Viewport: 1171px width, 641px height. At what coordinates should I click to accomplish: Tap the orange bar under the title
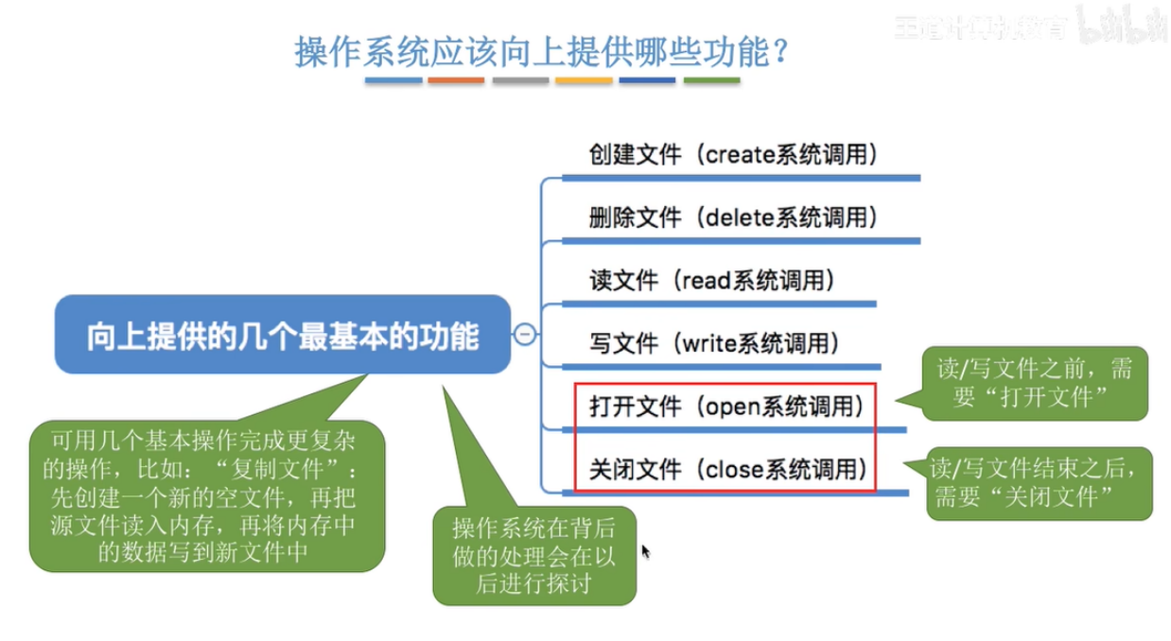coord(456,81)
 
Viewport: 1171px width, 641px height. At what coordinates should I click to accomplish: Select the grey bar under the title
coord(520,81)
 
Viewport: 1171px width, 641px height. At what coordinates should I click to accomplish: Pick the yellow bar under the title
coord(584,81)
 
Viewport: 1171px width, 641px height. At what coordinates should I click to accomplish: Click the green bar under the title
coord(711,81)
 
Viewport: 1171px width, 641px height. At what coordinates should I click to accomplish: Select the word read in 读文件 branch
coord(705,280)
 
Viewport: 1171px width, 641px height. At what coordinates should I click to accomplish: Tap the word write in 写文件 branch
coord(709,342)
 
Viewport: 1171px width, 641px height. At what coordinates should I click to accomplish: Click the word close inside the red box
coord(730,468)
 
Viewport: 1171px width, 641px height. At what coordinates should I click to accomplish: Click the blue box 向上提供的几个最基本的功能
coord(282,336)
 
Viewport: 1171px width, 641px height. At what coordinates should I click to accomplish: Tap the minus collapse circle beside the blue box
coord(524,334)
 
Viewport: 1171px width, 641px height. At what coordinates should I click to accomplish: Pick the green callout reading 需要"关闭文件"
coord(1039,483)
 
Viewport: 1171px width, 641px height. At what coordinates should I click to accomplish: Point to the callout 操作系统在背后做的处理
coord(533,556)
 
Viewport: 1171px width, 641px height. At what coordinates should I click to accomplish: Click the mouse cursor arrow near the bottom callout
coord(646,551)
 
